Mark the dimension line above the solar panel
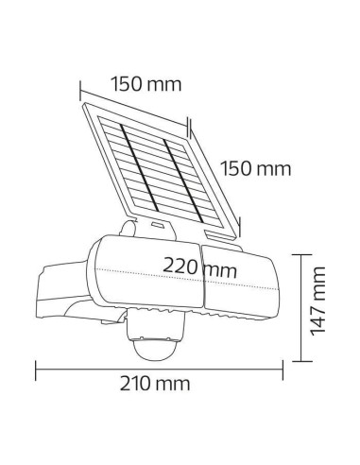(132, 101)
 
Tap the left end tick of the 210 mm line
(35, 362)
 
